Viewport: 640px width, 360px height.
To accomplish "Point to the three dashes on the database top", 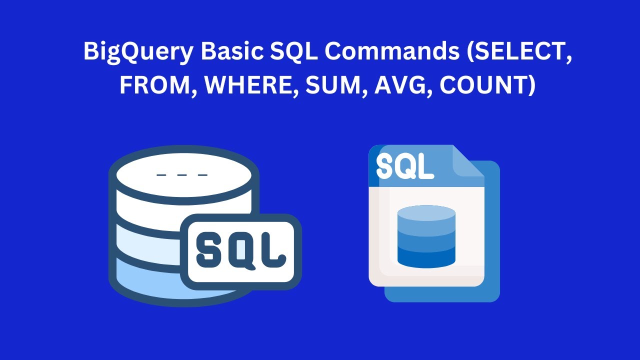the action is click(x=182, y=175).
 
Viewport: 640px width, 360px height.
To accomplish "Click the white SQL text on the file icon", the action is click(x=405, y=166).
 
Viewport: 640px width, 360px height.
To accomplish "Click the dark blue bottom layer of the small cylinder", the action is click(x=426, y=259).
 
